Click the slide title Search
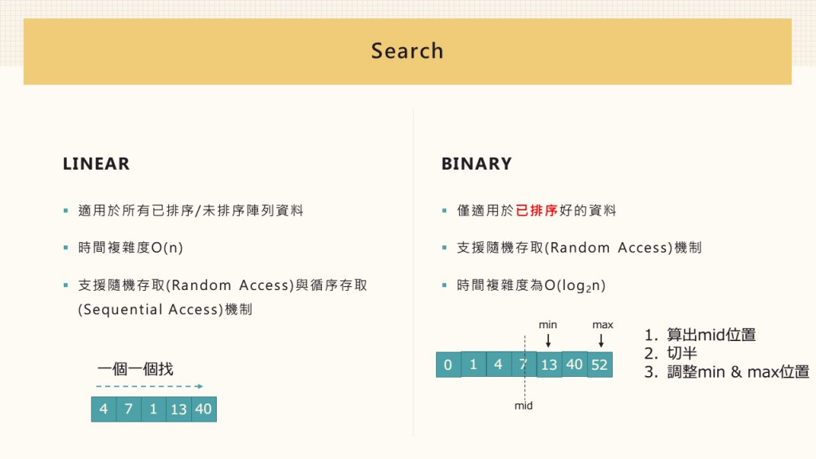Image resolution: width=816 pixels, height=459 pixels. (x=407, y=51)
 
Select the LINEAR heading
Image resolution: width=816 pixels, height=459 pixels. (x=96, y=164)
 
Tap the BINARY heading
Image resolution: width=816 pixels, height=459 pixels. (x=477, y=164)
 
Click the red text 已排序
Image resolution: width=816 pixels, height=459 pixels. (x=536, y=210)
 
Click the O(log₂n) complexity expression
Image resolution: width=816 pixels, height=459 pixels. (x=575, y=285)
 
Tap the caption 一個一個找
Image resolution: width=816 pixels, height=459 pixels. (x=135, y=369)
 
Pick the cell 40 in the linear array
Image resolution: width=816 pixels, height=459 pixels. (x=203, y=409)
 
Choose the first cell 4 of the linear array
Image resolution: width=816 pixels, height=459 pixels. (x=104, y=409)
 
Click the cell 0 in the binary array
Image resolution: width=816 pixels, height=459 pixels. (x=448, y=365)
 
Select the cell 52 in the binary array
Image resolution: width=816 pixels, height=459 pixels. (x=599, y=364)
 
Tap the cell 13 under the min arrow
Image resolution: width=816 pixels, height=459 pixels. (x=548, y=364)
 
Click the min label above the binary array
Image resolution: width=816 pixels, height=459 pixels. (x=548, y=325)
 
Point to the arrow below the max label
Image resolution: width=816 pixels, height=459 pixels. (x=602, y=340)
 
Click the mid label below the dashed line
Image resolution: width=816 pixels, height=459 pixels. (x=524, y=406)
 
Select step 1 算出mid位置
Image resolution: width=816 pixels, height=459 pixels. (x=700, y=335)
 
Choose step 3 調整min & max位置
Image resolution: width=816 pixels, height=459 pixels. (x=726, y=372)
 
